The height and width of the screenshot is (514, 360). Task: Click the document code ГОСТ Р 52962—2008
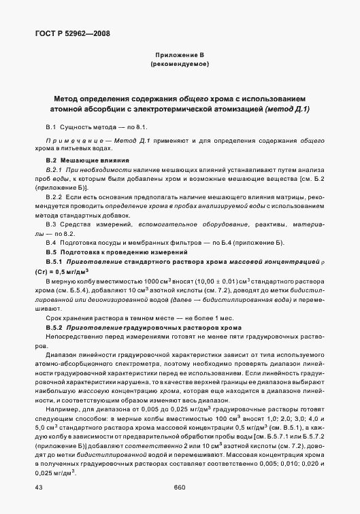pyautogui.click(x=71, y=33)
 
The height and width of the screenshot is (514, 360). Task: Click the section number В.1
pyautogui.click(x=51, y=127)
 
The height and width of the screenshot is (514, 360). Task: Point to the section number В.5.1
pyautogui.click(x=54, y=261)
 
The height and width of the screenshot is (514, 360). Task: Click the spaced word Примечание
pyautogui.click(x=73, y=140)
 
